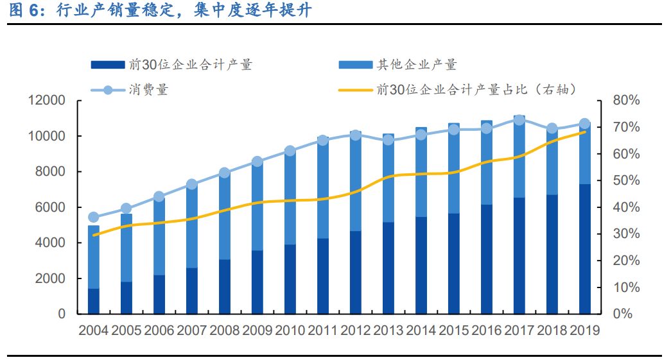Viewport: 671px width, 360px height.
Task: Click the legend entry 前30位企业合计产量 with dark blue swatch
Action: (x=171, y=64)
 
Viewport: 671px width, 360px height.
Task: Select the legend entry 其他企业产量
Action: (x=398, y=64)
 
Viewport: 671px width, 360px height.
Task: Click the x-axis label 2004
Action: (x=94, y=330)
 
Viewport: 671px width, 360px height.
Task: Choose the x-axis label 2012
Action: (x=355, y=330)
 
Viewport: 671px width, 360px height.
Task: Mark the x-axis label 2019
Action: (x=584, y=330)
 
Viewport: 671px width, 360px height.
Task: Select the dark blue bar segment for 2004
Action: (x=94, y=301)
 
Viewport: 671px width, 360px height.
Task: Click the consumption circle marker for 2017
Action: (x=519, y=120)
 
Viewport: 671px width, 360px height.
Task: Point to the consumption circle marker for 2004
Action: (x=94, y=217)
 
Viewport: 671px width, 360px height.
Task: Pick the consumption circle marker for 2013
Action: (x=388, y=139)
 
